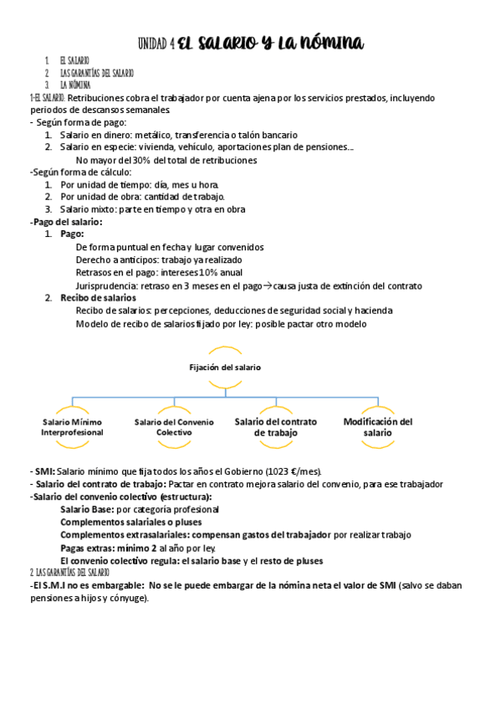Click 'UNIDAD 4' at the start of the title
click(156, 43)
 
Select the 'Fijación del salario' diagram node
click(223, 367)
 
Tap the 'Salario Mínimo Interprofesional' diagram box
click(74, 427)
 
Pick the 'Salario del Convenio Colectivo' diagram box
click(174, 427)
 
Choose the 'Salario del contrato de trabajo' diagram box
click(276, 427)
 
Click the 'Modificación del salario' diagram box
click(377, 427)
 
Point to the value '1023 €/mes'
click(284, 471)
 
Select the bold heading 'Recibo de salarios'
click(98, 298)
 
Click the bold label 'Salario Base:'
click(87, 509)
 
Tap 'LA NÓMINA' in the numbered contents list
click(75, 85)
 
